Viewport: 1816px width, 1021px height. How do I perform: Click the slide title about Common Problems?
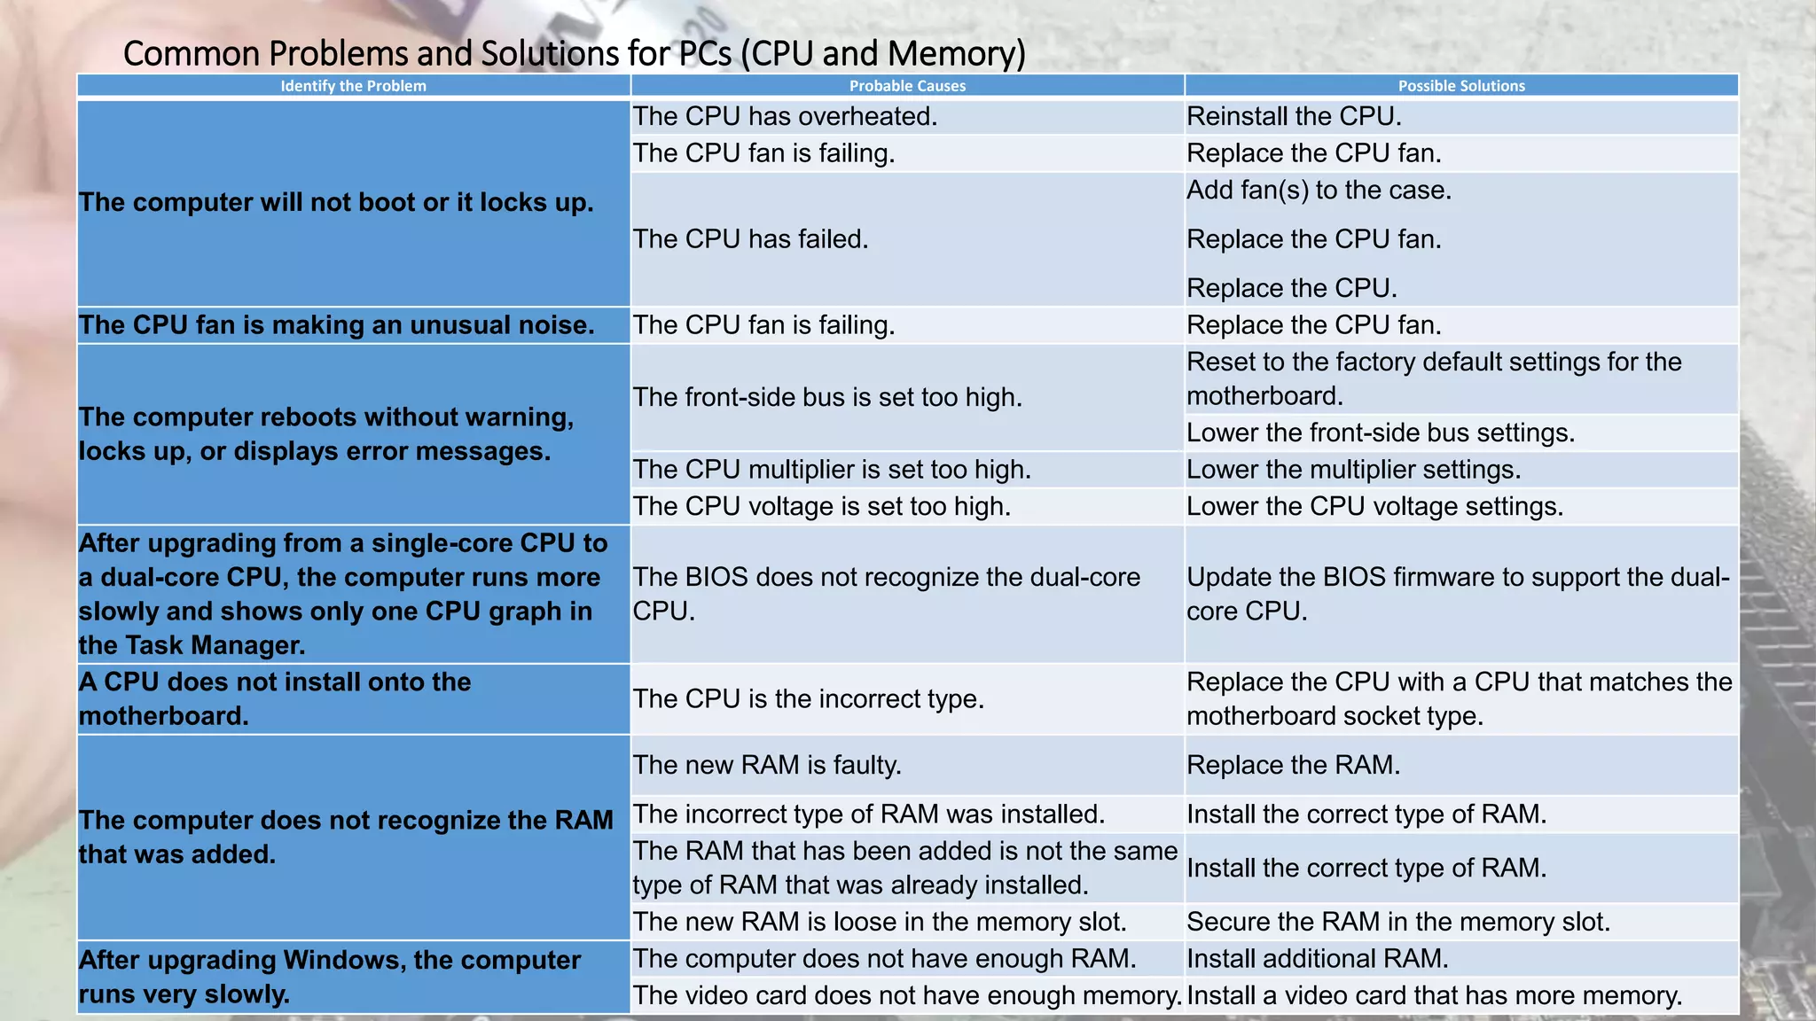574,53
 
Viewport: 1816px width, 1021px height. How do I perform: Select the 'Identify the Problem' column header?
353,86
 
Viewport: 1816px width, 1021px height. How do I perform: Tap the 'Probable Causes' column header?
907,86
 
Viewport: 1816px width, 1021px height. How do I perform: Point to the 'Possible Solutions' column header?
1461,86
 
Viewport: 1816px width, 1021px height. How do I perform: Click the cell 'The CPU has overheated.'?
785,116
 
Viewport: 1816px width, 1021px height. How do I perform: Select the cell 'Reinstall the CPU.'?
1294,116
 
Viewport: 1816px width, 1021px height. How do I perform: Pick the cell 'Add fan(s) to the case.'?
1319,190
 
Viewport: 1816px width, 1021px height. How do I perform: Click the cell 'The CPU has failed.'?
750,238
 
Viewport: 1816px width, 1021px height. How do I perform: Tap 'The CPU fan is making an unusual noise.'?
336,325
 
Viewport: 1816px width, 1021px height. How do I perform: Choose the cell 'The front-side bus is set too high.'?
827,397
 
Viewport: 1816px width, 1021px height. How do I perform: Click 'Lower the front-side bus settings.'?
1381,433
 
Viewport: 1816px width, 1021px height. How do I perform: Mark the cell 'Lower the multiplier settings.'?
1353,469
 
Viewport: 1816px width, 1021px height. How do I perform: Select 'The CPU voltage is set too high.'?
821,506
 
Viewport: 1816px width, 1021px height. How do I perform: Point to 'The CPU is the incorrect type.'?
808,698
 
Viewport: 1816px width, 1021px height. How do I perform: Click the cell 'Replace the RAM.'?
1293,765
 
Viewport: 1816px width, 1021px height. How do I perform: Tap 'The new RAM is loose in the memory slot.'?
879,922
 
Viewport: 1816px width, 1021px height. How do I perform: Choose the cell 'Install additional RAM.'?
1317,958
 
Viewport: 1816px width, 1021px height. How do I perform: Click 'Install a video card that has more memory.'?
1434,995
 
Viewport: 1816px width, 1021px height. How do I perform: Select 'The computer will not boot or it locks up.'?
336,202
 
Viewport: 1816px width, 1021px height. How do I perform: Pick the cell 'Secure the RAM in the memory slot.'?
1397,922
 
